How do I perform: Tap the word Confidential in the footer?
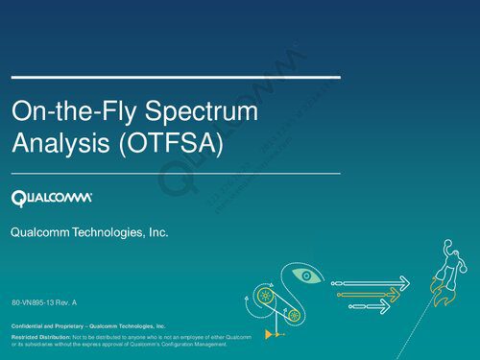point(31,326)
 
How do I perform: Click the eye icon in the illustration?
point(306,276)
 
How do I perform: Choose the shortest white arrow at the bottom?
point(371,306)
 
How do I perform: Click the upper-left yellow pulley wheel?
point(261,297)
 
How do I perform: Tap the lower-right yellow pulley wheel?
point(295,315)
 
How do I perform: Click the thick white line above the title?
point(175,74)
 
